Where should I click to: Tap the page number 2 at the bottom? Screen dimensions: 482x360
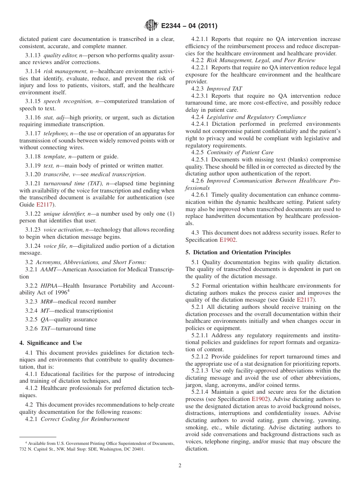point(180,466)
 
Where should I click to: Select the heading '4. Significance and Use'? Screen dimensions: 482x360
point(51,343)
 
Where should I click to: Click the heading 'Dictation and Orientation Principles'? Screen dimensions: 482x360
point(242,252)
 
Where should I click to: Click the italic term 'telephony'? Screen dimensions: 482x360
point(56,133)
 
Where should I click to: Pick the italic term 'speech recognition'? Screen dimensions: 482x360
point(66,101)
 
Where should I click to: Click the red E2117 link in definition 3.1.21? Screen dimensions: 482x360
point(44,205)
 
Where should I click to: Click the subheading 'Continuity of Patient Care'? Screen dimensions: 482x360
point(240,152)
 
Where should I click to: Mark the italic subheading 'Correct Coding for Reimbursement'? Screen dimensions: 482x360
point(85,419)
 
